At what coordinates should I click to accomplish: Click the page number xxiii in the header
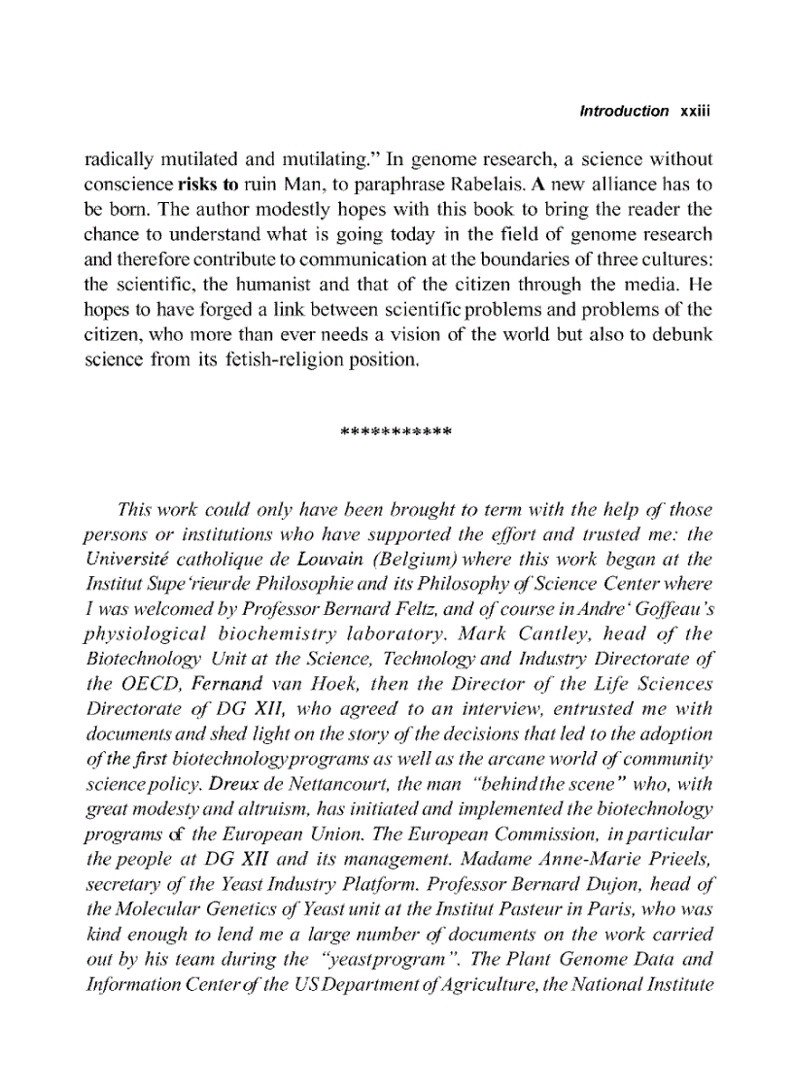[x=697, y=111]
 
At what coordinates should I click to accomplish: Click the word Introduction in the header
[x=623, y=111]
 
